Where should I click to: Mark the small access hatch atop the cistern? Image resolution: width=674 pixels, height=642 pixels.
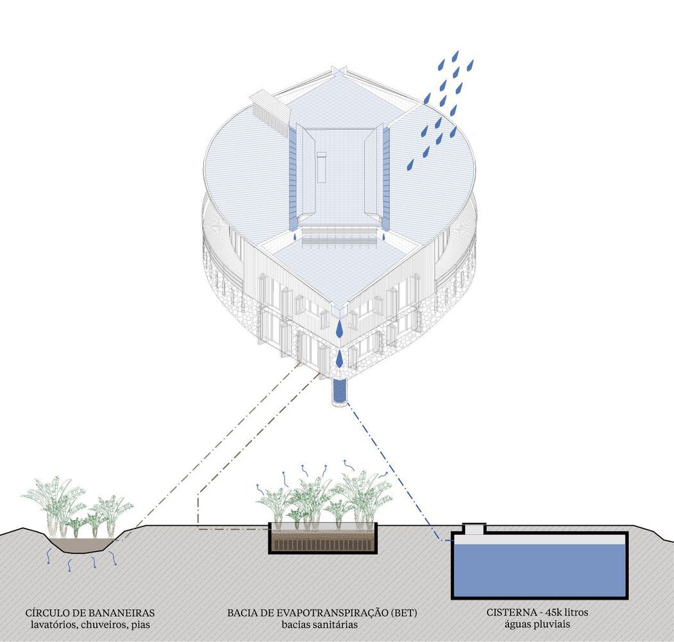474,528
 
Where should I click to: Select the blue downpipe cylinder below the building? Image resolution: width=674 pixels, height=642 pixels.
339,391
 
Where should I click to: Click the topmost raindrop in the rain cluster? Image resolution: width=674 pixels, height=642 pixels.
455,55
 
